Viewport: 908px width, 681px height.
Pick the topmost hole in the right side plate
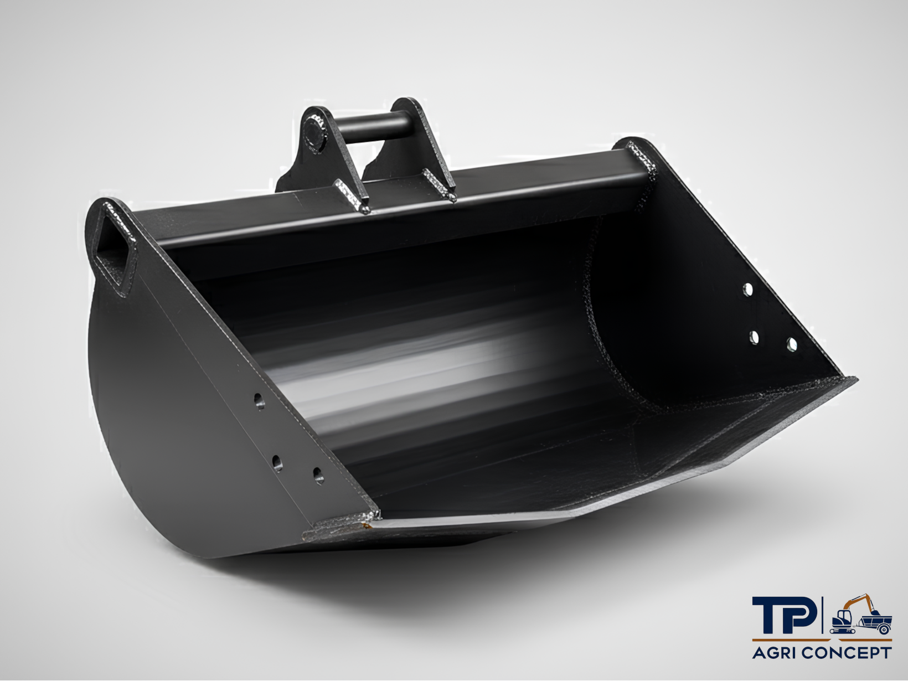tap(748, 290)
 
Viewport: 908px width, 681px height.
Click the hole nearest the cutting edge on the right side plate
tap(792, 345)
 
